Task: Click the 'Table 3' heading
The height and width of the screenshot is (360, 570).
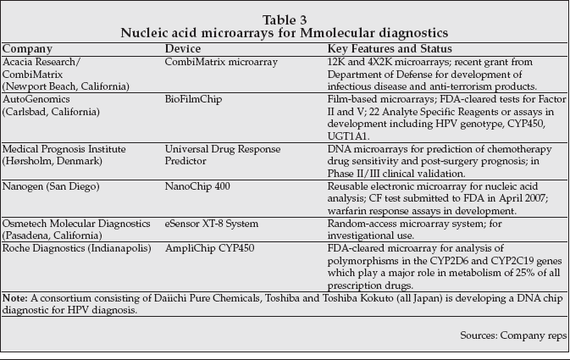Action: pyautogui.click(x=285, y=18)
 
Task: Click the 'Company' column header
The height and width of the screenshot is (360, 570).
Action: pyautogui.click(x=27, y=49)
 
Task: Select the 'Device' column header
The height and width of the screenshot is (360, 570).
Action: pyautogui.click(x=183, y=49)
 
